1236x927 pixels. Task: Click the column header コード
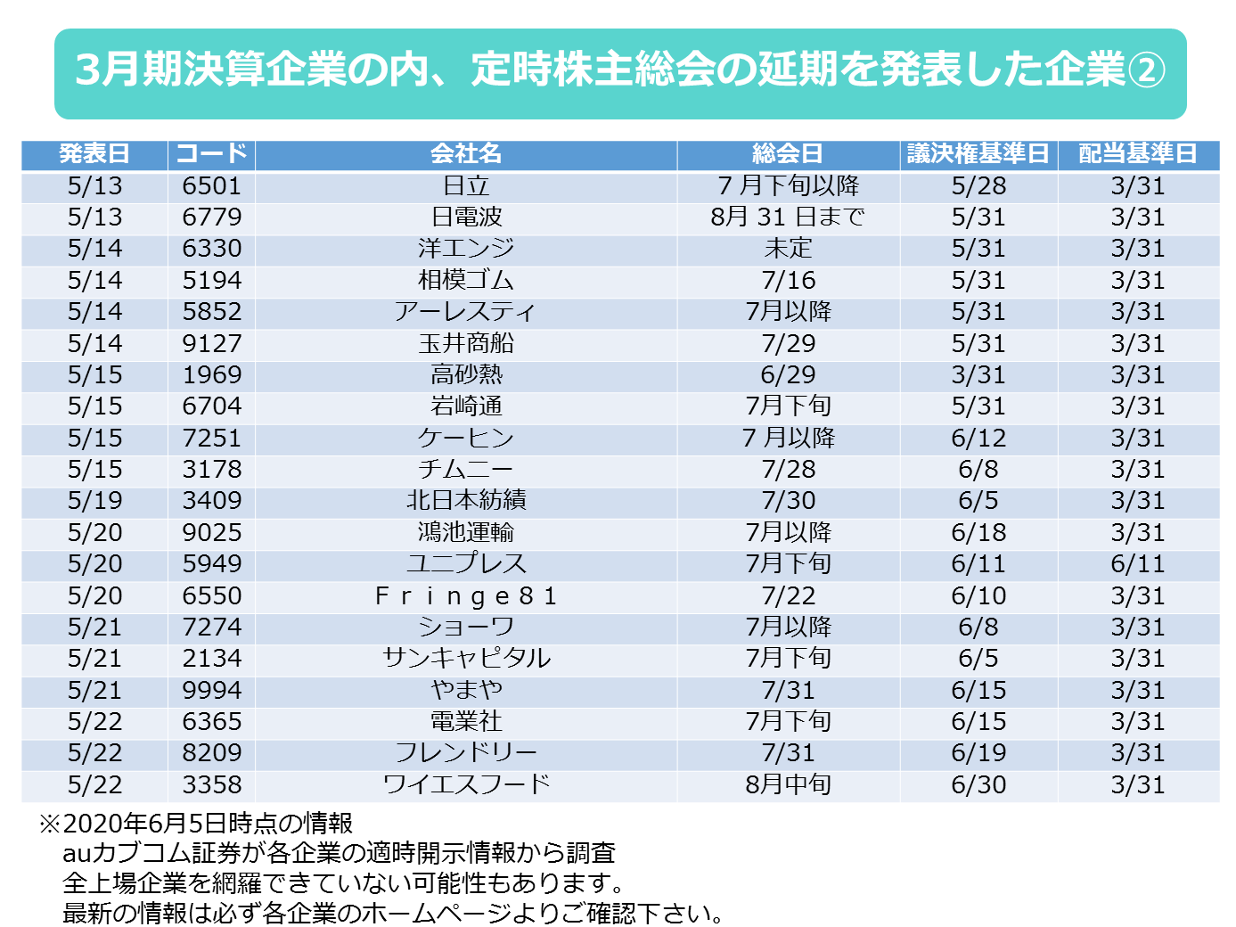[x=211, y=153]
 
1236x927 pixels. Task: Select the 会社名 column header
[x=466, y=153]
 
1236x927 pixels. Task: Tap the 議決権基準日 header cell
[x=978, y=153]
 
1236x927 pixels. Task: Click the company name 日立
[x=466, y=185]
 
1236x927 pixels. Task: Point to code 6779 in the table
[x=211, y=217]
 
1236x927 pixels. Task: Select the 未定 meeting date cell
[x=788, y=249]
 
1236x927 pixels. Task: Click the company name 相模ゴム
[x=466, y=281]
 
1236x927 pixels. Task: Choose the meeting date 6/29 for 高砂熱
[x=788, y=375]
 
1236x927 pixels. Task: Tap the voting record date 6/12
[x=978, y=439]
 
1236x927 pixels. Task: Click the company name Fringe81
[x=466, y=595]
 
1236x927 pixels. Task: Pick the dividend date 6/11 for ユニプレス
[x=1137, y=564]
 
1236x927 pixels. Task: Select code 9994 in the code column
[x=211, y=690]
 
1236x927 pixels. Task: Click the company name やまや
[x=466, y=690]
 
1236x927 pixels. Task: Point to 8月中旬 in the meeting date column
[x=788, y=784]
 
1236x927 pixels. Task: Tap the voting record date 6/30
[x=978, y=784]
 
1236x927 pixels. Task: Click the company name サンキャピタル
[x=466, y=659]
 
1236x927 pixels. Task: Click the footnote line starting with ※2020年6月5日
[x=196, y=823]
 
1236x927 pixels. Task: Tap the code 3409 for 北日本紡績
[x=211, y=501]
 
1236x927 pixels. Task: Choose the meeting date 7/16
[x=788, y=281]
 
